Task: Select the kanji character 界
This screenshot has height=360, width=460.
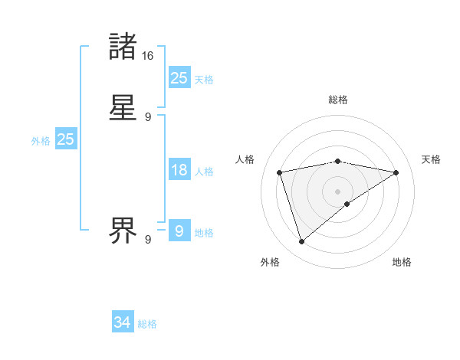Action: (x=123, y=227)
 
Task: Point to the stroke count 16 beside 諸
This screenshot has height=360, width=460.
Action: (x=148, y=55)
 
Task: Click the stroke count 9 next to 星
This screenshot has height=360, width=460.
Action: (x=148, y=117)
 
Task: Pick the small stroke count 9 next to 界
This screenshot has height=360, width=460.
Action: (x=148, y=240)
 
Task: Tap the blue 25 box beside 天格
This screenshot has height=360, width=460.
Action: (x=179, y=78)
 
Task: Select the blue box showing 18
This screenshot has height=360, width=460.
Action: (x=179, y=170)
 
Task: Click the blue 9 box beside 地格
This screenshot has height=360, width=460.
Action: (x=179, y=230)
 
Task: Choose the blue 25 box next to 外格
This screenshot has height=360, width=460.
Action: (x=65, y=139)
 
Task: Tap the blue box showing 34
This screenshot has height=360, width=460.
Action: (x=123, y=322)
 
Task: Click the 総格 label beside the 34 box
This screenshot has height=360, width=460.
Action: (x=147, y=324)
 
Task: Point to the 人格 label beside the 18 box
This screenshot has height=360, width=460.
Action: (x=204, y=172)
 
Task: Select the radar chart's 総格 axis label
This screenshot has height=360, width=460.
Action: (x=338, y=100)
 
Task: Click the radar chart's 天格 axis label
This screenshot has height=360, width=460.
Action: (x=431, y=159)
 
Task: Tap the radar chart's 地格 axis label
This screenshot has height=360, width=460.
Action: (x=402, y=262)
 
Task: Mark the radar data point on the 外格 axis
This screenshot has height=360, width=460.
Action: (x=301, y=242)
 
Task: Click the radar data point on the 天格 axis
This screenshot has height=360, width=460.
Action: (x=396, y=172)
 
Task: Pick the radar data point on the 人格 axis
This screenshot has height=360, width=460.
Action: (x=280, y=172)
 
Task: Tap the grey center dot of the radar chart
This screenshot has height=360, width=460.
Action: (x=338, y=191)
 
